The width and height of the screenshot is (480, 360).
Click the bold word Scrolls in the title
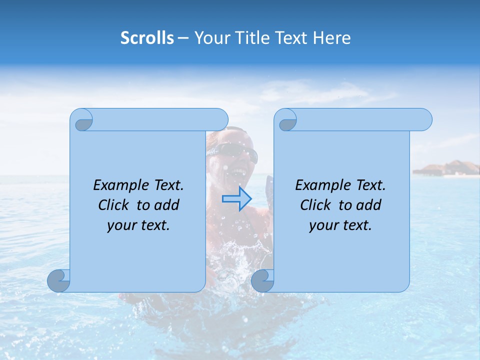147,38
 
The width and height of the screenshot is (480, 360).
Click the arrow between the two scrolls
236,198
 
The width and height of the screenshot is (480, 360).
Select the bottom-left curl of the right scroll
262,280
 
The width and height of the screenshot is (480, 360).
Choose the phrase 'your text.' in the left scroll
138,225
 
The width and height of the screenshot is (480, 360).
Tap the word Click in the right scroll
315,205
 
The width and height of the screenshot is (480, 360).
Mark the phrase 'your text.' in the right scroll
340,225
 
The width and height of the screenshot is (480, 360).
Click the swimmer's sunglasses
237,151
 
